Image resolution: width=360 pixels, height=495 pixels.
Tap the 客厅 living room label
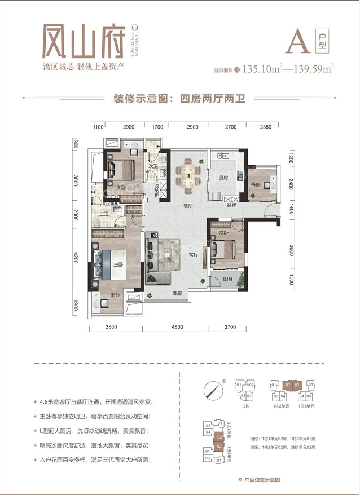pyautogui.click(x=194, y=255)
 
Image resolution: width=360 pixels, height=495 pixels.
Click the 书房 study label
pyautogui.click(x=256, y=184)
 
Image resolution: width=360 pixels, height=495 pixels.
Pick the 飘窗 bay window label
pyautogui.click(x=178, y=293)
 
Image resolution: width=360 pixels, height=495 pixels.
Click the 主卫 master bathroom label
pyautogui.click(x=104, y=214)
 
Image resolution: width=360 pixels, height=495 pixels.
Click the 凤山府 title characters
pyautogui.click(x=83, y=41)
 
